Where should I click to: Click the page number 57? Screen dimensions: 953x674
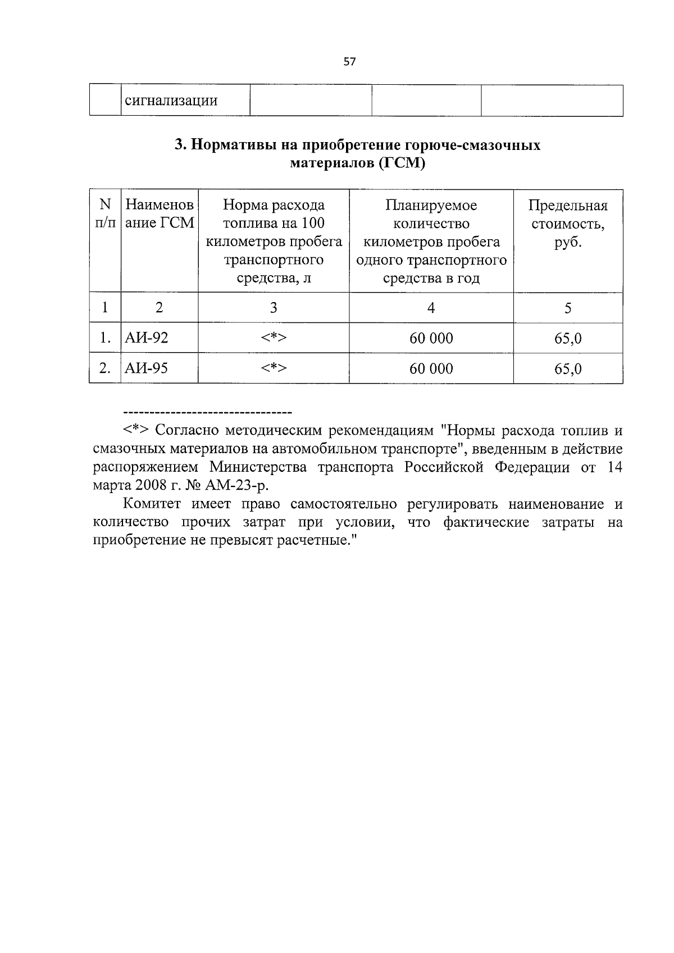tap(349, 62)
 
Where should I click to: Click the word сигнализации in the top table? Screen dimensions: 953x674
tap(171, 101)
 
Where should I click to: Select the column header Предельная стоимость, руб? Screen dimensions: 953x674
tap(568, 224)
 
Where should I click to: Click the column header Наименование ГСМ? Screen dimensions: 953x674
tap(160, 214)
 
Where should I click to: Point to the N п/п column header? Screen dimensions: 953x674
tap(105, 214)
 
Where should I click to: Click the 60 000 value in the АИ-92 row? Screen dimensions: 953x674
tap(431, 338)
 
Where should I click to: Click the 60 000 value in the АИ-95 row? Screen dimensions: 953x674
tap(431, 368)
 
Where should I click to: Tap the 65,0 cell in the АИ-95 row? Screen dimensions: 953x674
tap(568, 369)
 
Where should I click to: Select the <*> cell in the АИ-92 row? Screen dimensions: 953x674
tap(274, 338)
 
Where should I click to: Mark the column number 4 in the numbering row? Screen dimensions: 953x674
tap(431, 308)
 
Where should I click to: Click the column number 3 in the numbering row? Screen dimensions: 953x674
tap(274, 308)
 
